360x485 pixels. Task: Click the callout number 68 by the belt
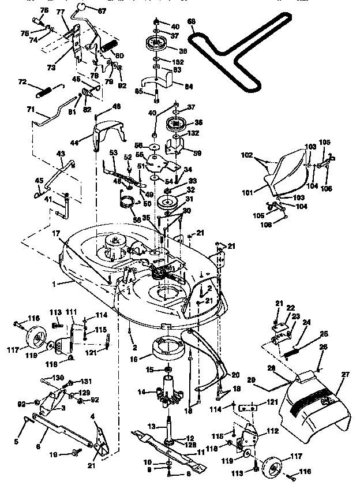click(x=192, y=22)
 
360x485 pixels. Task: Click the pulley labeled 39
click(x=156, y=43)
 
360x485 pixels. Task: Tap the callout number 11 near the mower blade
click(x=200, y=453)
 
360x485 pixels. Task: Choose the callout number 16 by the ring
click(x=134, y=359)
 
